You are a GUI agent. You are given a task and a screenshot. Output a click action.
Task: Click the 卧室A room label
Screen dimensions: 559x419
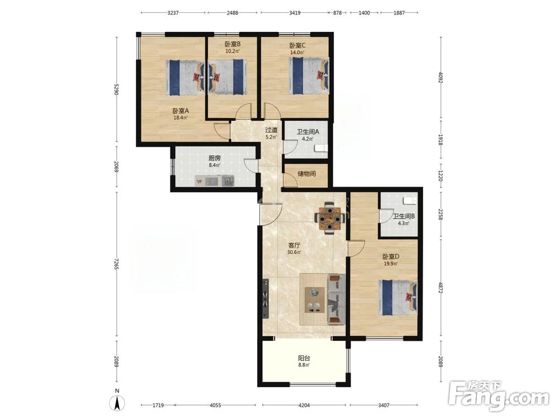pyautogui.click(x=181, y=111)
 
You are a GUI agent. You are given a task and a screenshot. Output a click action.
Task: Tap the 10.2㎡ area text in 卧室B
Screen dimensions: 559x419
pyautogui.click(x=232, y=51)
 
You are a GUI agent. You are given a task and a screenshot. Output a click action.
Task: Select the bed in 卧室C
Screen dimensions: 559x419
pyautogui.click(x=309, y=76)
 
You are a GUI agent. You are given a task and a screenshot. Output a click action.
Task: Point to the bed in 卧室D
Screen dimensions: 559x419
pyautogui.click(x=397, y=298)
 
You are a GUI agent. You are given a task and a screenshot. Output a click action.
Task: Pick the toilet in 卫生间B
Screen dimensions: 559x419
pyautogui.click(x=410, y=200)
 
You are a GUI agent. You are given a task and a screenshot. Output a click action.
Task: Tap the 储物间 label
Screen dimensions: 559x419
pyautogui.click(x=306, y=174)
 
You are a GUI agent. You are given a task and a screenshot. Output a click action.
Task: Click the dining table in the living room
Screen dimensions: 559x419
pyautogui.click(x=330, y=217)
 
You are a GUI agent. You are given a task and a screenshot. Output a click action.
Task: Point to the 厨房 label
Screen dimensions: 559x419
pyautogui.click(x=215, y=158)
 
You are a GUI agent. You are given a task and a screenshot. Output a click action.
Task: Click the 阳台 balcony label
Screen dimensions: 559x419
pyautogui.click(x=304, y=358)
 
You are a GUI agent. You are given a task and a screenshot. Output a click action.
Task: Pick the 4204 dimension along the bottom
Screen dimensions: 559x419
pyautogui.click(x=304, y=405)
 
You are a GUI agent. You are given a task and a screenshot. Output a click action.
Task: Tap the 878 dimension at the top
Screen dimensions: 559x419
pyautogui.click(x=337, y=13)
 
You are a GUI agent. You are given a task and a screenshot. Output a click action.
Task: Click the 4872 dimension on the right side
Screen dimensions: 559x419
pyautogui.click(x=440, y=288)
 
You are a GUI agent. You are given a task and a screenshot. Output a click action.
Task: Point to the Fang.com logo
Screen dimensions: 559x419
pyautogui.click(x=499, y=396)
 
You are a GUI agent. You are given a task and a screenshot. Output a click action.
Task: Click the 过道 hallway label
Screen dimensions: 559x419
pyautogui.click(x=271, y=130)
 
